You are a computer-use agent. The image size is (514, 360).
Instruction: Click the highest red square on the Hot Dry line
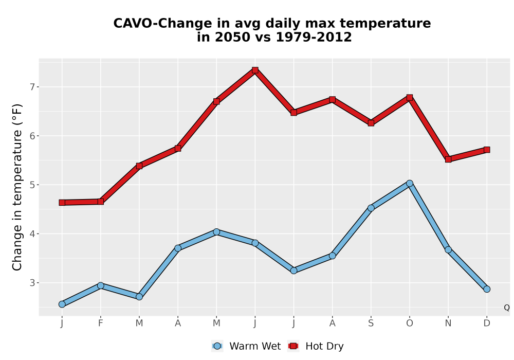pos(255,70)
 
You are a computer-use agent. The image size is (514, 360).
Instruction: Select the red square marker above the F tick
pos(101,201)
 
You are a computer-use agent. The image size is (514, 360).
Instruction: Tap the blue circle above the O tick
pos(410,183)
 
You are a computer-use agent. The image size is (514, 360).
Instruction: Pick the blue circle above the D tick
pos(487,289)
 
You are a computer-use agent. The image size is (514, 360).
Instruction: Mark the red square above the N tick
pos(448,159)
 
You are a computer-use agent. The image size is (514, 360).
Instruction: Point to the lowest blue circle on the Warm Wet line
pos(62,304)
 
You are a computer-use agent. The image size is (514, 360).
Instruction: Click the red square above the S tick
pos(371,123)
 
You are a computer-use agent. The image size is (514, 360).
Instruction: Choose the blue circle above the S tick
pos(371,208)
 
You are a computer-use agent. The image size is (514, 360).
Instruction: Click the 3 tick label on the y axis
pos(32,283)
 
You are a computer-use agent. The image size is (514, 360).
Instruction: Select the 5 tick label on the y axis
pos(32,185)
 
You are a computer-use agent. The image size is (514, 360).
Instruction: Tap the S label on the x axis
pos(371,323)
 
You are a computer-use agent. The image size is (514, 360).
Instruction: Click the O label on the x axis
pos(410,323)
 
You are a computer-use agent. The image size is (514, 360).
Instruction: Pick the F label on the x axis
pos(101,323)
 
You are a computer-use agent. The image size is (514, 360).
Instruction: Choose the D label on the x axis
pos(487,323)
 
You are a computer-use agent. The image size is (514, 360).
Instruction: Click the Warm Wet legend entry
pos(246,346)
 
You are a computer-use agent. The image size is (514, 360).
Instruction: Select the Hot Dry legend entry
pos(316,346)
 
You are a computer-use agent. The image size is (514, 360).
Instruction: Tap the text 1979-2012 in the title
pos(314,37)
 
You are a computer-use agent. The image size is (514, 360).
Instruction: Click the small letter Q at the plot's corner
pos(507,308)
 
